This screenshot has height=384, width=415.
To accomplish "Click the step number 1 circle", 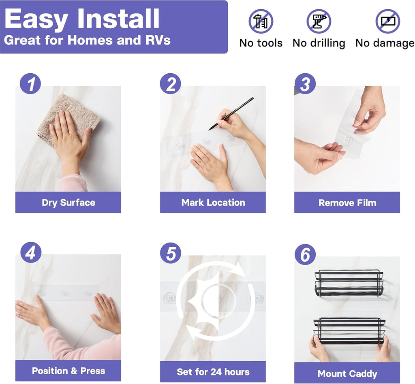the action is (30, 83).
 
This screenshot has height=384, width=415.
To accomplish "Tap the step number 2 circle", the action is (171, 83).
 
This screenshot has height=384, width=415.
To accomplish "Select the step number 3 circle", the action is (305, 83).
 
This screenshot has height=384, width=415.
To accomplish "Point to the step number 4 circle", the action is (31, 252).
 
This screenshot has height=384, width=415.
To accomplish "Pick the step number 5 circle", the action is (171, 253).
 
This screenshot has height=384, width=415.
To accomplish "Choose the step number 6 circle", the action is (305, 254).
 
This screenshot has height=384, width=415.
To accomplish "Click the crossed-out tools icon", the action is (261, 21).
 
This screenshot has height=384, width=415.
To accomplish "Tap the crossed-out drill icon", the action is (319, 21).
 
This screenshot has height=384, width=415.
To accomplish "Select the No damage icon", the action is (388, 21).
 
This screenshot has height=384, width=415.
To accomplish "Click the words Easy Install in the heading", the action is (82, 19).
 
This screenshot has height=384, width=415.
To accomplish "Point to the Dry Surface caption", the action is (68, 203).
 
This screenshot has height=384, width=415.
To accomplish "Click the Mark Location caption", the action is (213, 203).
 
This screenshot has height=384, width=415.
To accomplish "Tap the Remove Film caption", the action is (347, 203).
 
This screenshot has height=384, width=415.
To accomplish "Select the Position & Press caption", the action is (68, 371).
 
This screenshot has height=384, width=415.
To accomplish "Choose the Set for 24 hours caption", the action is (213, 372).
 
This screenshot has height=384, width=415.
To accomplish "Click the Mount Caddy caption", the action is (347, 374).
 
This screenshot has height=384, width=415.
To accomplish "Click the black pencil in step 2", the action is (231, 114).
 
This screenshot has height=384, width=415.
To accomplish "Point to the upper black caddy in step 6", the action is (349, 283).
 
